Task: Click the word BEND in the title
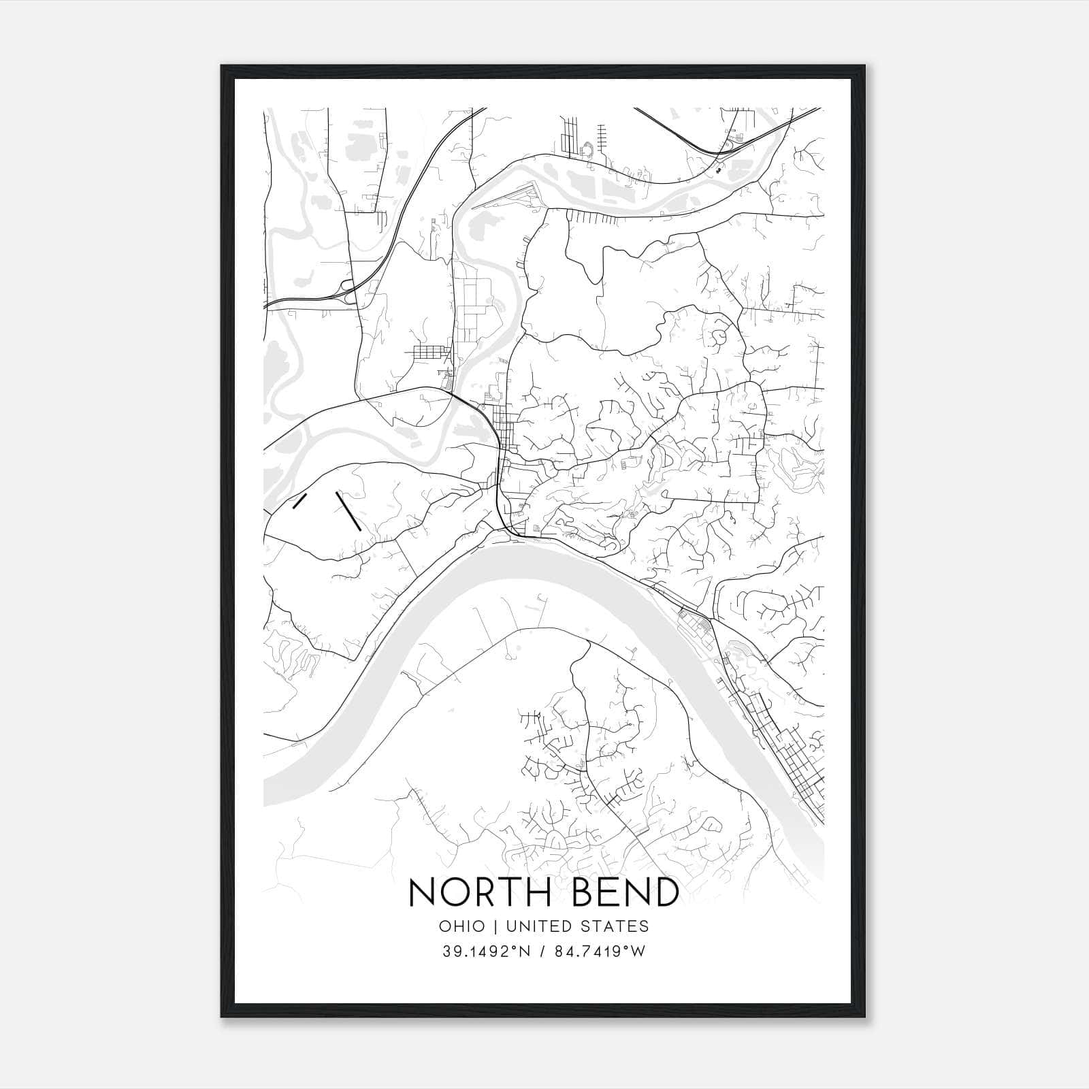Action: pos(619,892)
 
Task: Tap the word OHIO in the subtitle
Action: pos(462,926)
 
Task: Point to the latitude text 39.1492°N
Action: pos(486,952)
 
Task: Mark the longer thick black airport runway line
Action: pos(348,510)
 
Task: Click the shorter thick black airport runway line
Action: pos(297,502)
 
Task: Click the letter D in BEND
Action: pos(664,892)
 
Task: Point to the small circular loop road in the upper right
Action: pos(719,336)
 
